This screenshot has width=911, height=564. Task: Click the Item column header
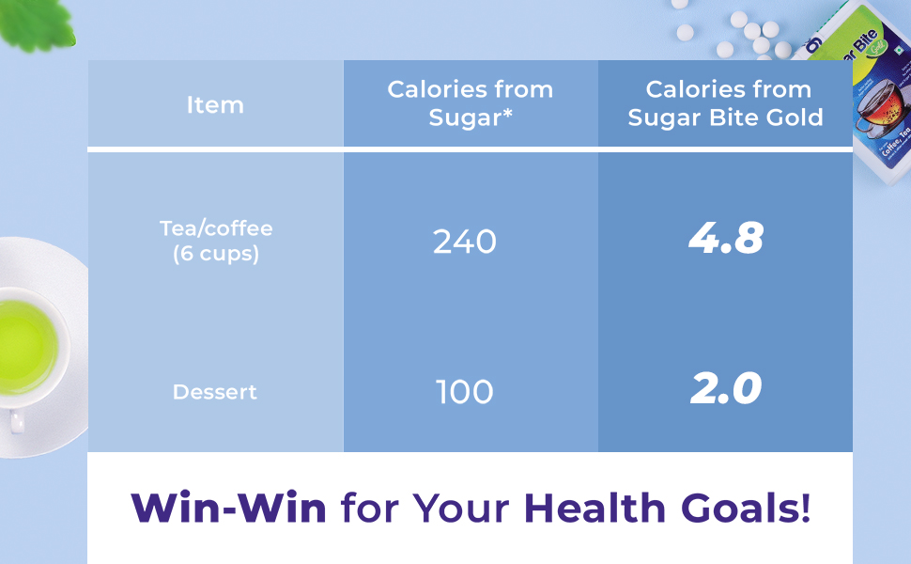[x=215, y=105]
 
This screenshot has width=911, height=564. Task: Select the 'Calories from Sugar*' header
[x=470, y=103]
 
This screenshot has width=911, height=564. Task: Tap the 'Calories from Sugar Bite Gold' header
[x=726, y=103]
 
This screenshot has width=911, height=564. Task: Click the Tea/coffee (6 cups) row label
[x=216, y=242]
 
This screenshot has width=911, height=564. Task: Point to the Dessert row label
[x=215, y=392]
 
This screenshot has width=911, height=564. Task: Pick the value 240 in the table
[x=465, y=243]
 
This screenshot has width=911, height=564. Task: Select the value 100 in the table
[x=465, y=392]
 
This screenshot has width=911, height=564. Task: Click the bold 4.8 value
[x=726, y=240]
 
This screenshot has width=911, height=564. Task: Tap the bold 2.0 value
[x=726, y=389]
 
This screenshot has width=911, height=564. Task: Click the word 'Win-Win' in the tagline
[x=229, y=509]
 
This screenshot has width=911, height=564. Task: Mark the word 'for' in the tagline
[x=370, y=509]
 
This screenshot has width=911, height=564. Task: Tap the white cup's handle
[x=16, y=423]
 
